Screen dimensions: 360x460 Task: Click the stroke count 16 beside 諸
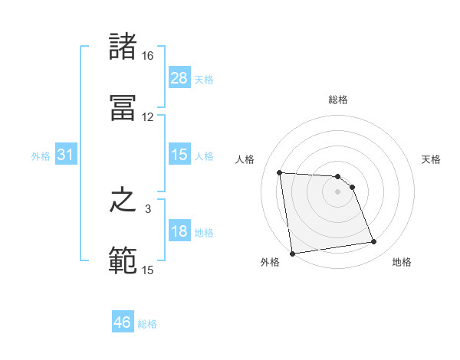point(148,57)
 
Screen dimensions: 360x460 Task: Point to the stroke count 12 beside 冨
point(148,117)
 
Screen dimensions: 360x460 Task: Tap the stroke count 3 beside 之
point(148,208)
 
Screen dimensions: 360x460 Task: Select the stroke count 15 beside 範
point(148,270)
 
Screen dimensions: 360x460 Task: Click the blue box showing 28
point(179,78)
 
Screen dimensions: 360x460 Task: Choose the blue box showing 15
point(179,155)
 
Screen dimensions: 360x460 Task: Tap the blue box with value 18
point(179,232)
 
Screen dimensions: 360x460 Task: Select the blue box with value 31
point(66,155)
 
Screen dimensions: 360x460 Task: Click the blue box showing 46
point(123,322)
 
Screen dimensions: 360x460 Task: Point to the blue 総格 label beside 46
point(147,324)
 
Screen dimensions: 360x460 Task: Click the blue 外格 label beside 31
point(41,156)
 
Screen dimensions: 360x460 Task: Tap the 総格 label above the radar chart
point(338,100)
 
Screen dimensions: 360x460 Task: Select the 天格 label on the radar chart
point(432,159)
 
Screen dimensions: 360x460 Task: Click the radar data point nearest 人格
point(280,172)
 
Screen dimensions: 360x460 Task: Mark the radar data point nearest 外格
point(292,254)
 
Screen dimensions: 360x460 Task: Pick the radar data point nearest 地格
point(373,242)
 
